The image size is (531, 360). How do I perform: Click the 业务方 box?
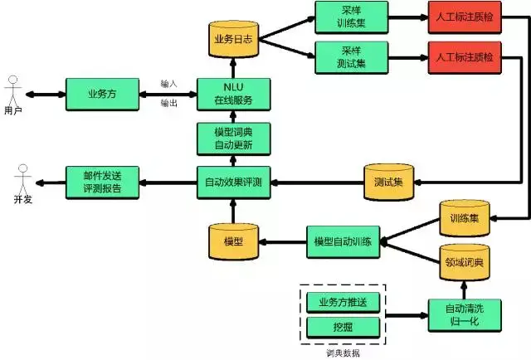pos(102,94)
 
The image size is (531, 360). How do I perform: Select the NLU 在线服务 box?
pos(233,94)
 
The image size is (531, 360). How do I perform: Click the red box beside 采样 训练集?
pos(463,17)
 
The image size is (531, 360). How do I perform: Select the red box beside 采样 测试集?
pos(463,58)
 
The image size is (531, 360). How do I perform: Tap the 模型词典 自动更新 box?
pos(233,139)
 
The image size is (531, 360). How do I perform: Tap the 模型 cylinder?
pos(233,240)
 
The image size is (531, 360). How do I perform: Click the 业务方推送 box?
pos(342,301)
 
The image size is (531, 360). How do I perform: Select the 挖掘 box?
pos(342,327)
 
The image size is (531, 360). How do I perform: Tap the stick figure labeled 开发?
pos(22,181)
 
